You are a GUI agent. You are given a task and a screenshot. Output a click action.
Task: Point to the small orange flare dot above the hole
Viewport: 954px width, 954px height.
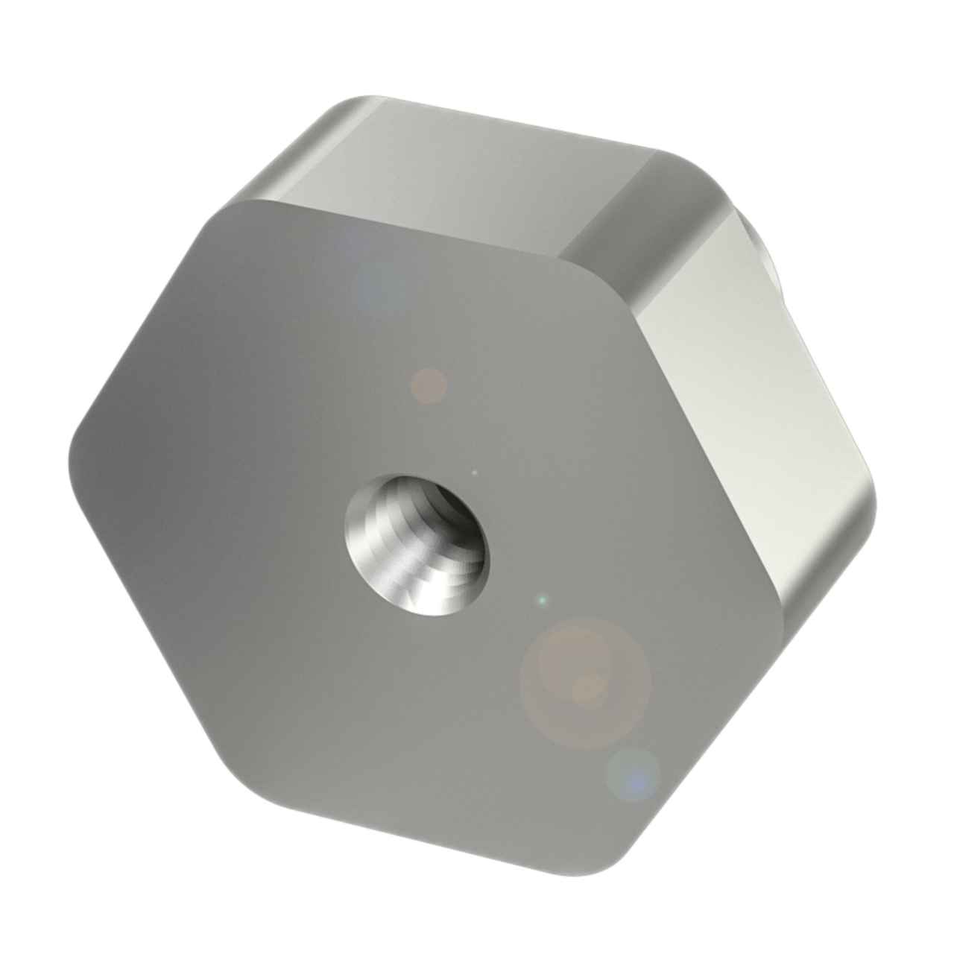[x=429, y=385]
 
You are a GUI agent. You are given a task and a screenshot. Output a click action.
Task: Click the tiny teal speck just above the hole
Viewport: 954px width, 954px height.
[x=475, y=472]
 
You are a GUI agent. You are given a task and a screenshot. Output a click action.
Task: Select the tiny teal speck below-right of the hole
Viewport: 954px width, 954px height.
[x=543, y=599]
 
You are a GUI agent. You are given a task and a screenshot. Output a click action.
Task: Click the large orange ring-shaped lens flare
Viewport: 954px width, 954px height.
[x=585, y=682]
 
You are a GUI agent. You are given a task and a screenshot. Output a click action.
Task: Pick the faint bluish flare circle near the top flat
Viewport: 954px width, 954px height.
[x=378, y=286]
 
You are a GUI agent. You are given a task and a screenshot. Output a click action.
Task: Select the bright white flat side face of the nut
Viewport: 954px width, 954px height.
[x=745, y=388]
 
